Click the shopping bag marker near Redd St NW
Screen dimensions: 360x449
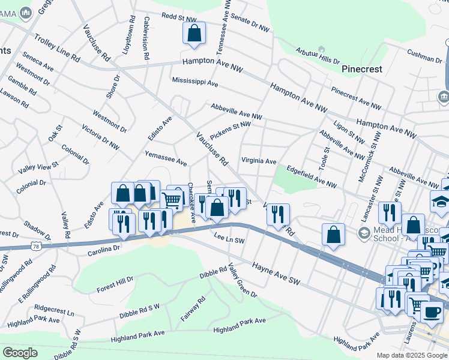[x=194, y=35]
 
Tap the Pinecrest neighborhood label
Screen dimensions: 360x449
[x=362, y=69]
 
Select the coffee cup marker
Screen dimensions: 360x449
[x=432, y=313]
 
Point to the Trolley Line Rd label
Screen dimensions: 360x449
[x=57, y=49]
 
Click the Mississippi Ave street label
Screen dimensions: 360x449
[x=194, y=81]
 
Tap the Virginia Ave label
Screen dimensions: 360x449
[x=259, y=161]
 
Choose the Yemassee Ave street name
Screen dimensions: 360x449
[x=166, y=158]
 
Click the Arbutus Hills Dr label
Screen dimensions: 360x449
[x=318, y=56]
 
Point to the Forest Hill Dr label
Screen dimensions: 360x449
[x=115, y=285]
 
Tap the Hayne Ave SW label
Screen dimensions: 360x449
[x=275, y=273]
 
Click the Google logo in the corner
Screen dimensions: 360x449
[x=20, y=352]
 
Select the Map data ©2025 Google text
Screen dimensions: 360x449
[x=411, y=355]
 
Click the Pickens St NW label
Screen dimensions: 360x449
[x=230, y=128]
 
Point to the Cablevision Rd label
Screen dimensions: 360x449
[x=146, y=38]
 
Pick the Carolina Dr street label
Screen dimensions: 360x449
[x=96, y=249]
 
